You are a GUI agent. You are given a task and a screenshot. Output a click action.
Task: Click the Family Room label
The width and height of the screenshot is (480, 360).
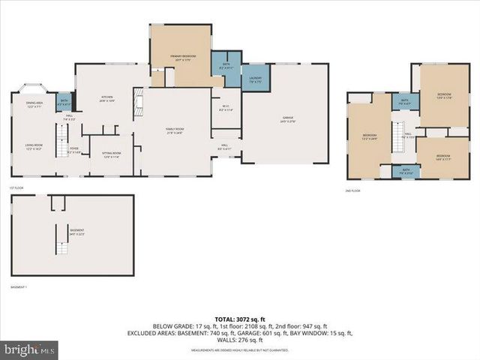[x=175, y=130]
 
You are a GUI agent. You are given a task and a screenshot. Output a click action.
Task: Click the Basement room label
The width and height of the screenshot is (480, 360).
[x=76, y=231]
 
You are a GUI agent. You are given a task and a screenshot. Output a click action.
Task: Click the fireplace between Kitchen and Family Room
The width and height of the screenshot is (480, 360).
[x=137, y=104]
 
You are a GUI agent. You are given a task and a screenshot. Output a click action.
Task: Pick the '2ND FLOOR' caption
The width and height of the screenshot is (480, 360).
[x=353, y=190]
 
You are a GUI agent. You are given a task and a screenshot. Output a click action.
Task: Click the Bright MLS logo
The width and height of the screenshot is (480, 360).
[x=31, y=349]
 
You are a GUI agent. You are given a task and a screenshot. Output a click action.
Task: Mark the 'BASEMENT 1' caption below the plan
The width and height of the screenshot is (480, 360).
[x=19, y=287]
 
